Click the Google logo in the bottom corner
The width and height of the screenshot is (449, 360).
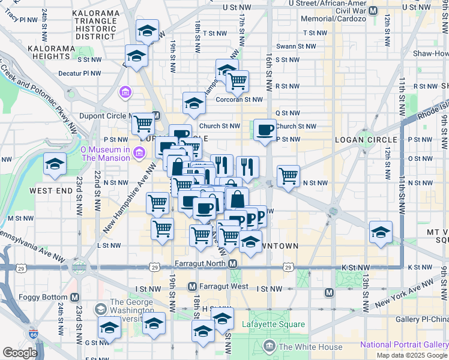20,353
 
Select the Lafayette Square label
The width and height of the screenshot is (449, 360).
273,325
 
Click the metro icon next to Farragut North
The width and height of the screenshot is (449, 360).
232,263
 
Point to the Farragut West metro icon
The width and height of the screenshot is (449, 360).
193,286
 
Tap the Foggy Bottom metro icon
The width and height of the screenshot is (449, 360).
74,297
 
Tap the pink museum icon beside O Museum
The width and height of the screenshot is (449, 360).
139,153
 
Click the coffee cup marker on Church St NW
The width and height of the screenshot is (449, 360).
265,130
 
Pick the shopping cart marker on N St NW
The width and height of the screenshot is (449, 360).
289,176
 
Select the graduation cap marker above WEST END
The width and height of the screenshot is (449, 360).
55,164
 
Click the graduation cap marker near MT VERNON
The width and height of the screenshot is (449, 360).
381,231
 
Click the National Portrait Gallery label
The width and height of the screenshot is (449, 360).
403,345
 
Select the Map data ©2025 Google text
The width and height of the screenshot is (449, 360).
412,355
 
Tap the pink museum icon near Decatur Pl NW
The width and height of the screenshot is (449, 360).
125,92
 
